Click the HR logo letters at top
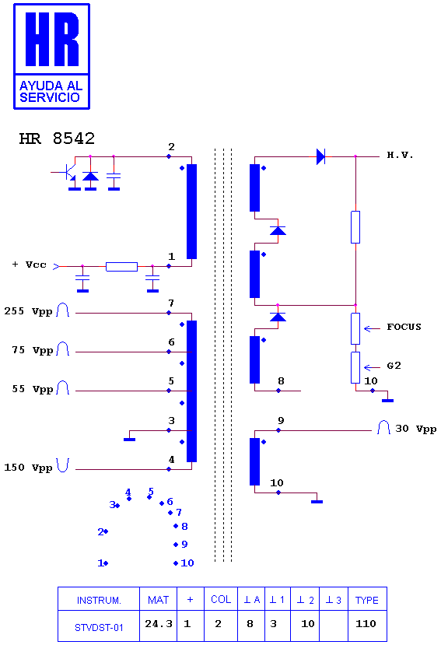(x=52, y=39)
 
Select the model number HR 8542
(x=57, y=138)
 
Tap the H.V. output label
(x=400, y=155)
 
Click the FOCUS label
(x=404, y=327)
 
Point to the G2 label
(x=394, y=366)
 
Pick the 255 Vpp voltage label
(x=28, y=311)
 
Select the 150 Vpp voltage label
(x=28, y=468)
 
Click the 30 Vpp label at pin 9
(x=416, y=429)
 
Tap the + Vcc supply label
(x=30, y=265)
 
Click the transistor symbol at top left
(x=68, y=174)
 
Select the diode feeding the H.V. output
(x=321, y=156)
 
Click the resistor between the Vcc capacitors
(x=122, y=267)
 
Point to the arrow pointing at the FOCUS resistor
(x=372, y=328)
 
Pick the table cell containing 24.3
(x=159, y=624)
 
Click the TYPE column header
(x=367, y=600)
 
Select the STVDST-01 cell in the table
(x=99, y=627)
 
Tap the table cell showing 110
(x=367, y=624)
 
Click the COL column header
(x=221, y=599)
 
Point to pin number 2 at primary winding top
(x=172, y=147)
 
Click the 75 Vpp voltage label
(x=33, y=350)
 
